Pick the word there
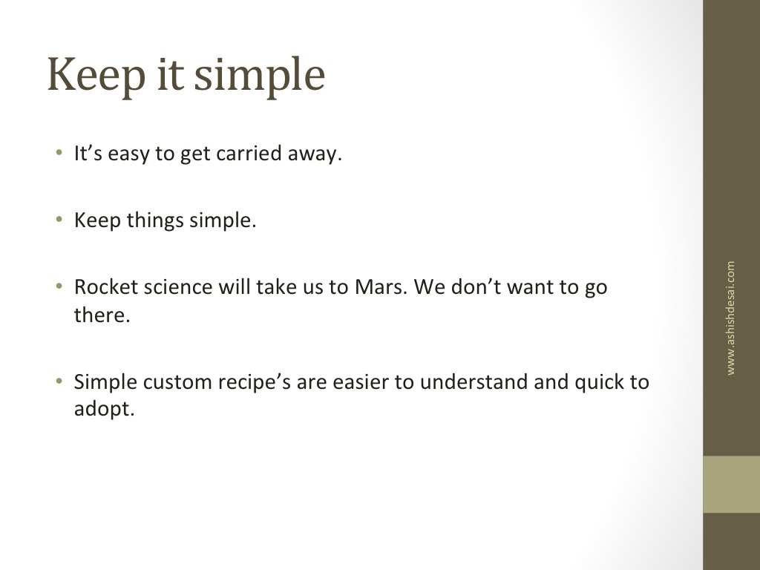click(102, 315)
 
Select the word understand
click(474, 382)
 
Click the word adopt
click(104, 409)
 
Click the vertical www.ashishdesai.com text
click(730, 318)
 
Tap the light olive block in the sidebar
click(731, 484)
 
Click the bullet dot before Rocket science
click(59, 286)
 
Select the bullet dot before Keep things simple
click(59, 220)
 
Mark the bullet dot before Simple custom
click(59, 381)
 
